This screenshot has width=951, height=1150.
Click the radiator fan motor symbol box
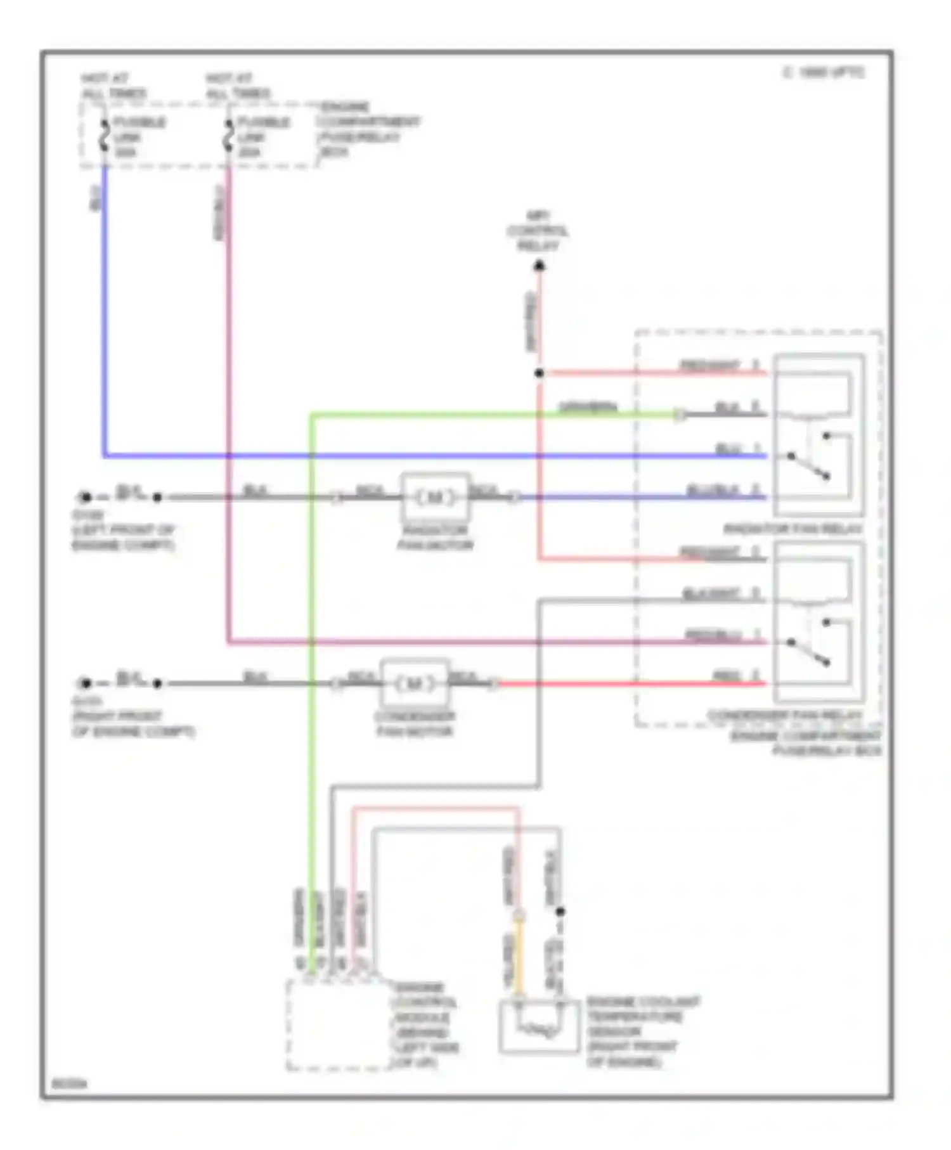(435, 497)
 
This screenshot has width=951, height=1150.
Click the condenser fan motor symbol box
(415, 683)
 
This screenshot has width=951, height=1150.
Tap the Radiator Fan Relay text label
(792, 529)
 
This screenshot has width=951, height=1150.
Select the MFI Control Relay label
(538, 231)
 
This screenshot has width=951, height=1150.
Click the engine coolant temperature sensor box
(539, 1026)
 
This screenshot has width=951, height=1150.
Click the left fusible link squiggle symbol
(105, 136)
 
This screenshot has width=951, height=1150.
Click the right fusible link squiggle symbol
(229, 136)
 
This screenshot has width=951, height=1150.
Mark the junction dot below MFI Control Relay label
(539, 266)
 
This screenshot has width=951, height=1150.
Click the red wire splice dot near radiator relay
(539, 373)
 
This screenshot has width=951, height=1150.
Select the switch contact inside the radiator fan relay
(808, 466)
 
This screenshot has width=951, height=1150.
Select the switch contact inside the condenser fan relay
(810, 652)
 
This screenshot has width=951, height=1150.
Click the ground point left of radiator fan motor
(85, 498)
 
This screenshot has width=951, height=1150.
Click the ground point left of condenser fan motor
(85, 683)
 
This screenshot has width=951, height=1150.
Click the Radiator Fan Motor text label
(435, 537)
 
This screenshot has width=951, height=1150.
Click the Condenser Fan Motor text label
(415, 723)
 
